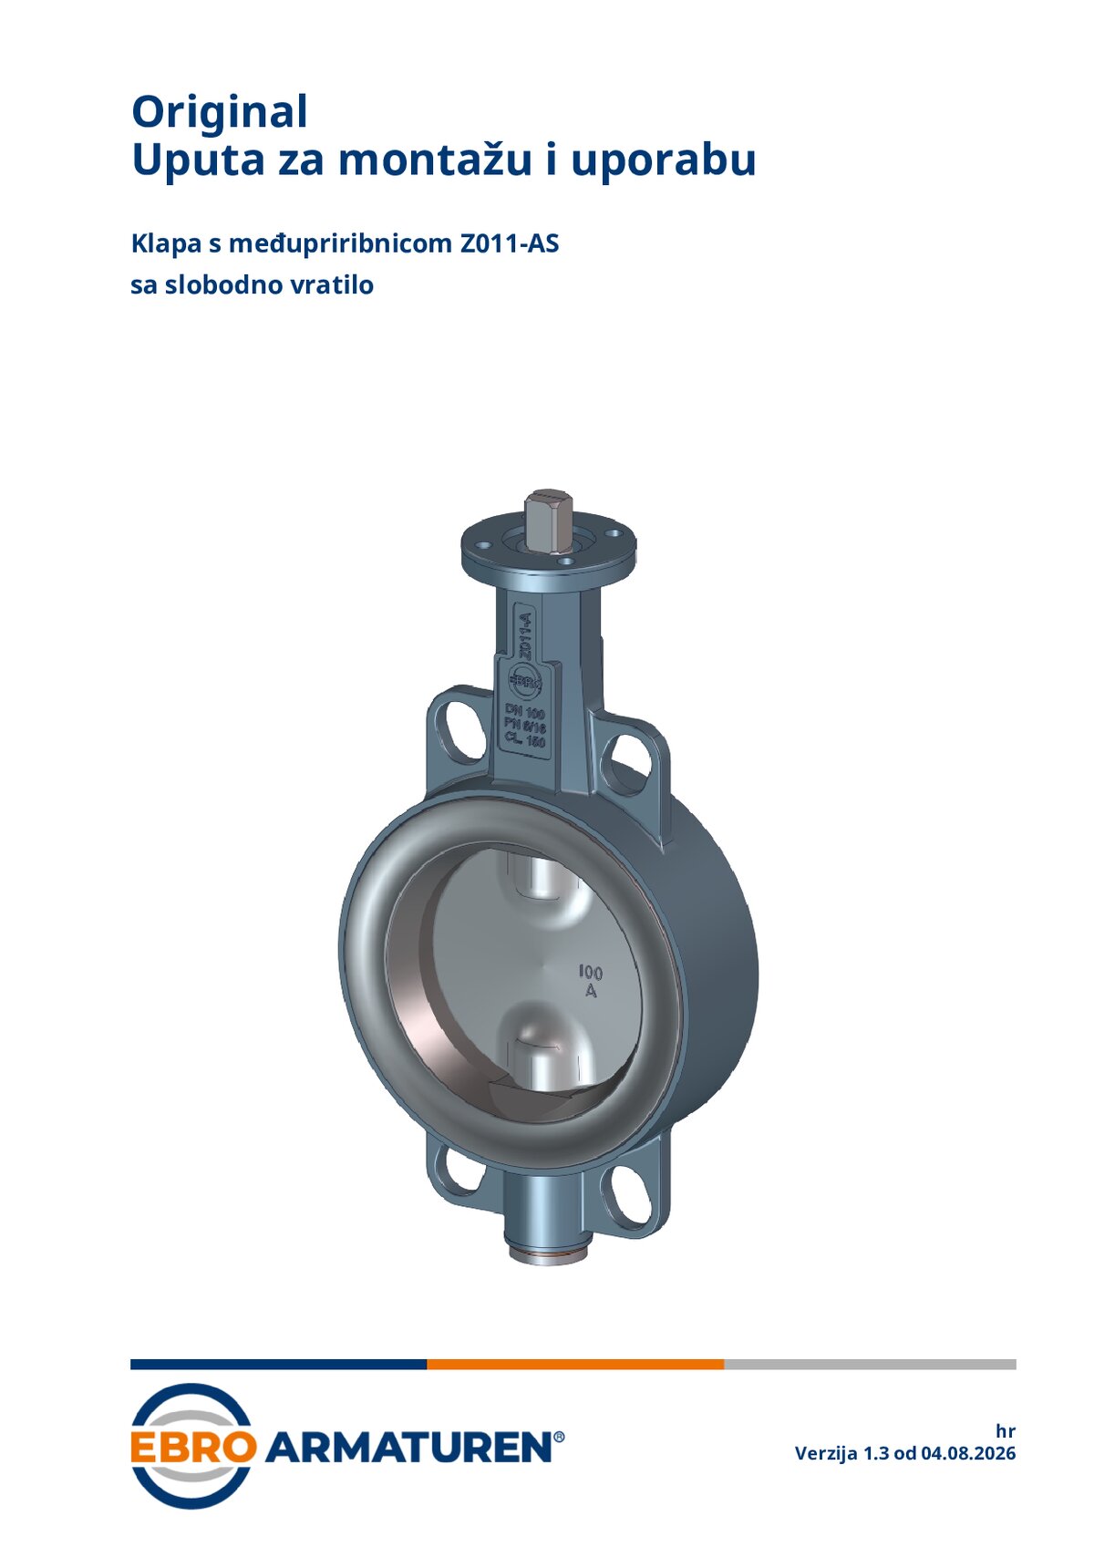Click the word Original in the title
220,113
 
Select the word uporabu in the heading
664,161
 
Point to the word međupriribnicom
340,243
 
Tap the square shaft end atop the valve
549,521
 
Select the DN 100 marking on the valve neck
525,710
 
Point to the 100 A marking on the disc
591,982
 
